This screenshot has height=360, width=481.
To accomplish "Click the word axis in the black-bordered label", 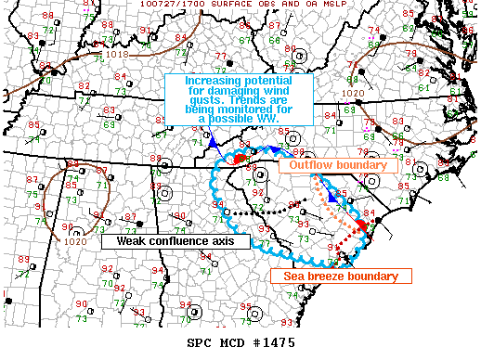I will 232,241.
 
